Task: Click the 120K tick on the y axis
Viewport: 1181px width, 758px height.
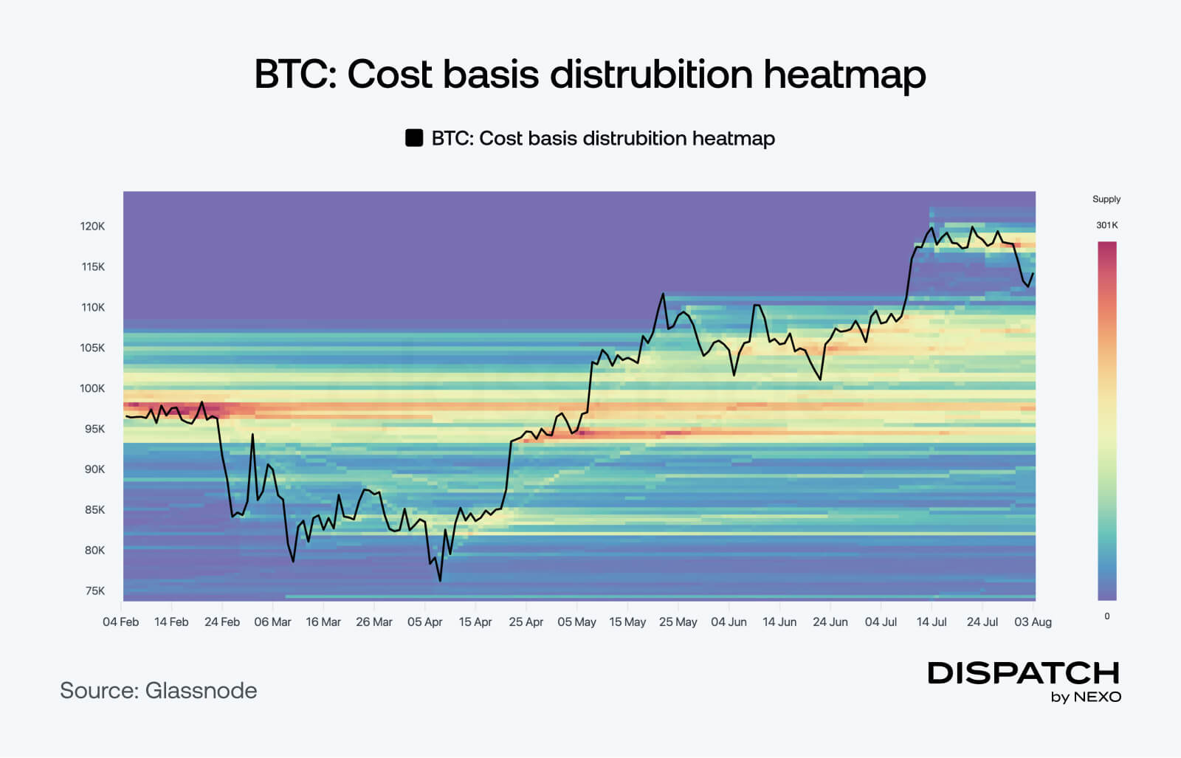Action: pos(92,226)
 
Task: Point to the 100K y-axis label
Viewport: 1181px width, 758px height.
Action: pos(92,388)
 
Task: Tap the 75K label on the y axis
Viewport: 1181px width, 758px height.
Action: pos(94,590)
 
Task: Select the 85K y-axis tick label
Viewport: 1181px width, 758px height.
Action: pos(94,509)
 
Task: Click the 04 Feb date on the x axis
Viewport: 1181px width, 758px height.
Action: pos(120,622)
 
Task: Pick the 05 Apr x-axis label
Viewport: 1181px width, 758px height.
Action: pos(424,622)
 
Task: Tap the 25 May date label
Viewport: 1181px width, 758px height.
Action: pos(678,622)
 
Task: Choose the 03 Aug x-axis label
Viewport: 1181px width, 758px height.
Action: pos(1033,622)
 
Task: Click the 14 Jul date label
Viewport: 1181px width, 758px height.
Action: pos(932,622)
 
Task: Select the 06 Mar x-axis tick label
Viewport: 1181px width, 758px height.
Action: pos(272,622)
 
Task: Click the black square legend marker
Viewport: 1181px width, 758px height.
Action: pos(414,138)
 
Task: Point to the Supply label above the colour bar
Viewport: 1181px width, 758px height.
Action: pos(1106,199)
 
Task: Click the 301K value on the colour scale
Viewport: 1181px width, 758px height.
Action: pos(1106,225)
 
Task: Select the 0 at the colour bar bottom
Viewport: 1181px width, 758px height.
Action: pos(1106,616)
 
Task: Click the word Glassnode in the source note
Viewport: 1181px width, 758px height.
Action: pos(201,691)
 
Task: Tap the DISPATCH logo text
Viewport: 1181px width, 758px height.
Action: pos(1024,673)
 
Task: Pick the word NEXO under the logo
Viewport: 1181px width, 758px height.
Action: pos(1097,697)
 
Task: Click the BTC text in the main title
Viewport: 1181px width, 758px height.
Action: pos(294,75)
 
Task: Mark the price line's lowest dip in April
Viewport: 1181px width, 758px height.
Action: pos(440,580)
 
